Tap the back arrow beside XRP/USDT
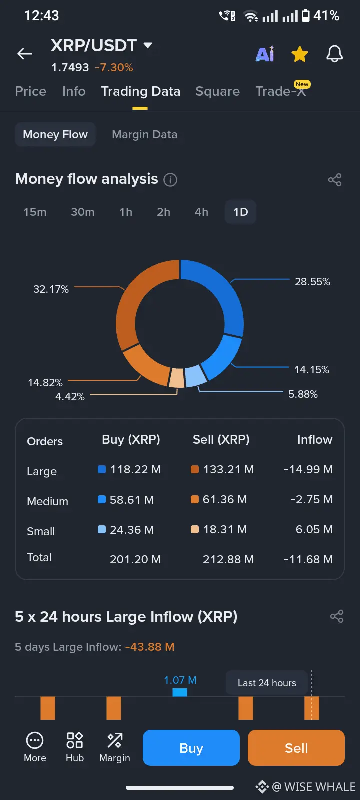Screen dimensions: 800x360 point(25,54)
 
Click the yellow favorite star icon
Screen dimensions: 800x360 point(300,54)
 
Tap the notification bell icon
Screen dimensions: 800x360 point(334,54)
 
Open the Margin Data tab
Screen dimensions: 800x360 point(144,135)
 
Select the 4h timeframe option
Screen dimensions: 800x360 point(201,212)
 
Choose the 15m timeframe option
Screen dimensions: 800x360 point(35,212)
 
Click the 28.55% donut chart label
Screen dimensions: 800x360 point(312,282)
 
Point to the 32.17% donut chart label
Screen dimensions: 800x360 point(51,289)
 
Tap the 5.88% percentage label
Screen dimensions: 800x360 point(303,394)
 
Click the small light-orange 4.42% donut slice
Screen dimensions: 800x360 point(177,378)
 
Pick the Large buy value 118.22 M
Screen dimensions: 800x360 point(135,470)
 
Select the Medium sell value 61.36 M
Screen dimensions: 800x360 point(225,500)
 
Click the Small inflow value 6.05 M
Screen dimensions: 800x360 point(314,530)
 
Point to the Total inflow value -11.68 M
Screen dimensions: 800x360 point(308,560)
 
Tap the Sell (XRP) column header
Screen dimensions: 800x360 point(221,440)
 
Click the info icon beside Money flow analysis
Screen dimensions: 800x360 point(170,180)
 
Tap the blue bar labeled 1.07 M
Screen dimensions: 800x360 point(180,692)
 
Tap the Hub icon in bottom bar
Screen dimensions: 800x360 point(75,747)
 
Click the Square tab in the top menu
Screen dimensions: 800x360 point(217,92)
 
